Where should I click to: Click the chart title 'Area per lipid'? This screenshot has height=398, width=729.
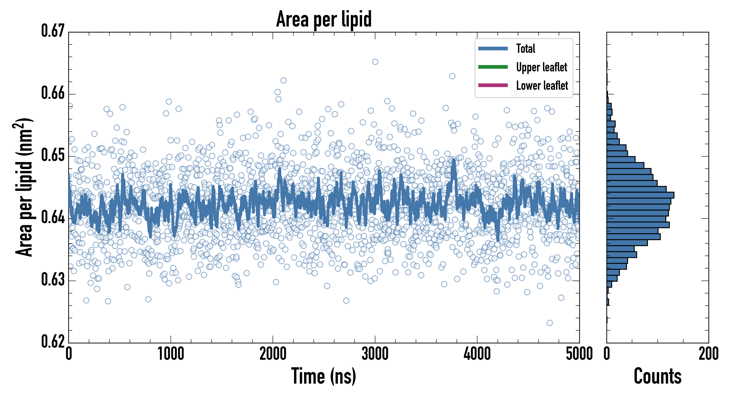pos(324,19)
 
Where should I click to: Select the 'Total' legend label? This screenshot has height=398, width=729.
pos(526,49)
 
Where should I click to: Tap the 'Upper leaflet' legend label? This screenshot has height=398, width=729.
pos(541,67)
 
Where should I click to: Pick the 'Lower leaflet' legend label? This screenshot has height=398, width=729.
pos(542,86)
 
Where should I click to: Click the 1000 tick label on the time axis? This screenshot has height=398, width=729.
pos(171,354)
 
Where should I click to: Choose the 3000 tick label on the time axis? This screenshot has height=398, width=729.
pos(375,354)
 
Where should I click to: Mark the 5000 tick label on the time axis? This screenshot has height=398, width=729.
pos(579,354)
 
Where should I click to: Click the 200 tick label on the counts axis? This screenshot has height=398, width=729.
pos(708,354)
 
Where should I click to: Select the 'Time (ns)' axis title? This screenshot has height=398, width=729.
pos(324,376)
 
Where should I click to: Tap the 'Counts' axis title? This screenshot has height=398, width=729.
pos(657,376)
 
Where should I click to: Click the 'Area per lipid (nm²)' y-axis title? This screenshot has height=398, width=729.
pos(24,187)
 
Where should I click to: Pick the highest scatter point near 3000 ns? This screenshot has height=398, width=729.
pos(375,62)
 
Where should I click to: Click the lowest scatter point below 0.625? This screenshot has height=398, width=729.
pos(550,323)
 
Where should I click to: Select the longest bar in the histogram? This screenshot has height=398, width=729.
pos(640,195)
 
